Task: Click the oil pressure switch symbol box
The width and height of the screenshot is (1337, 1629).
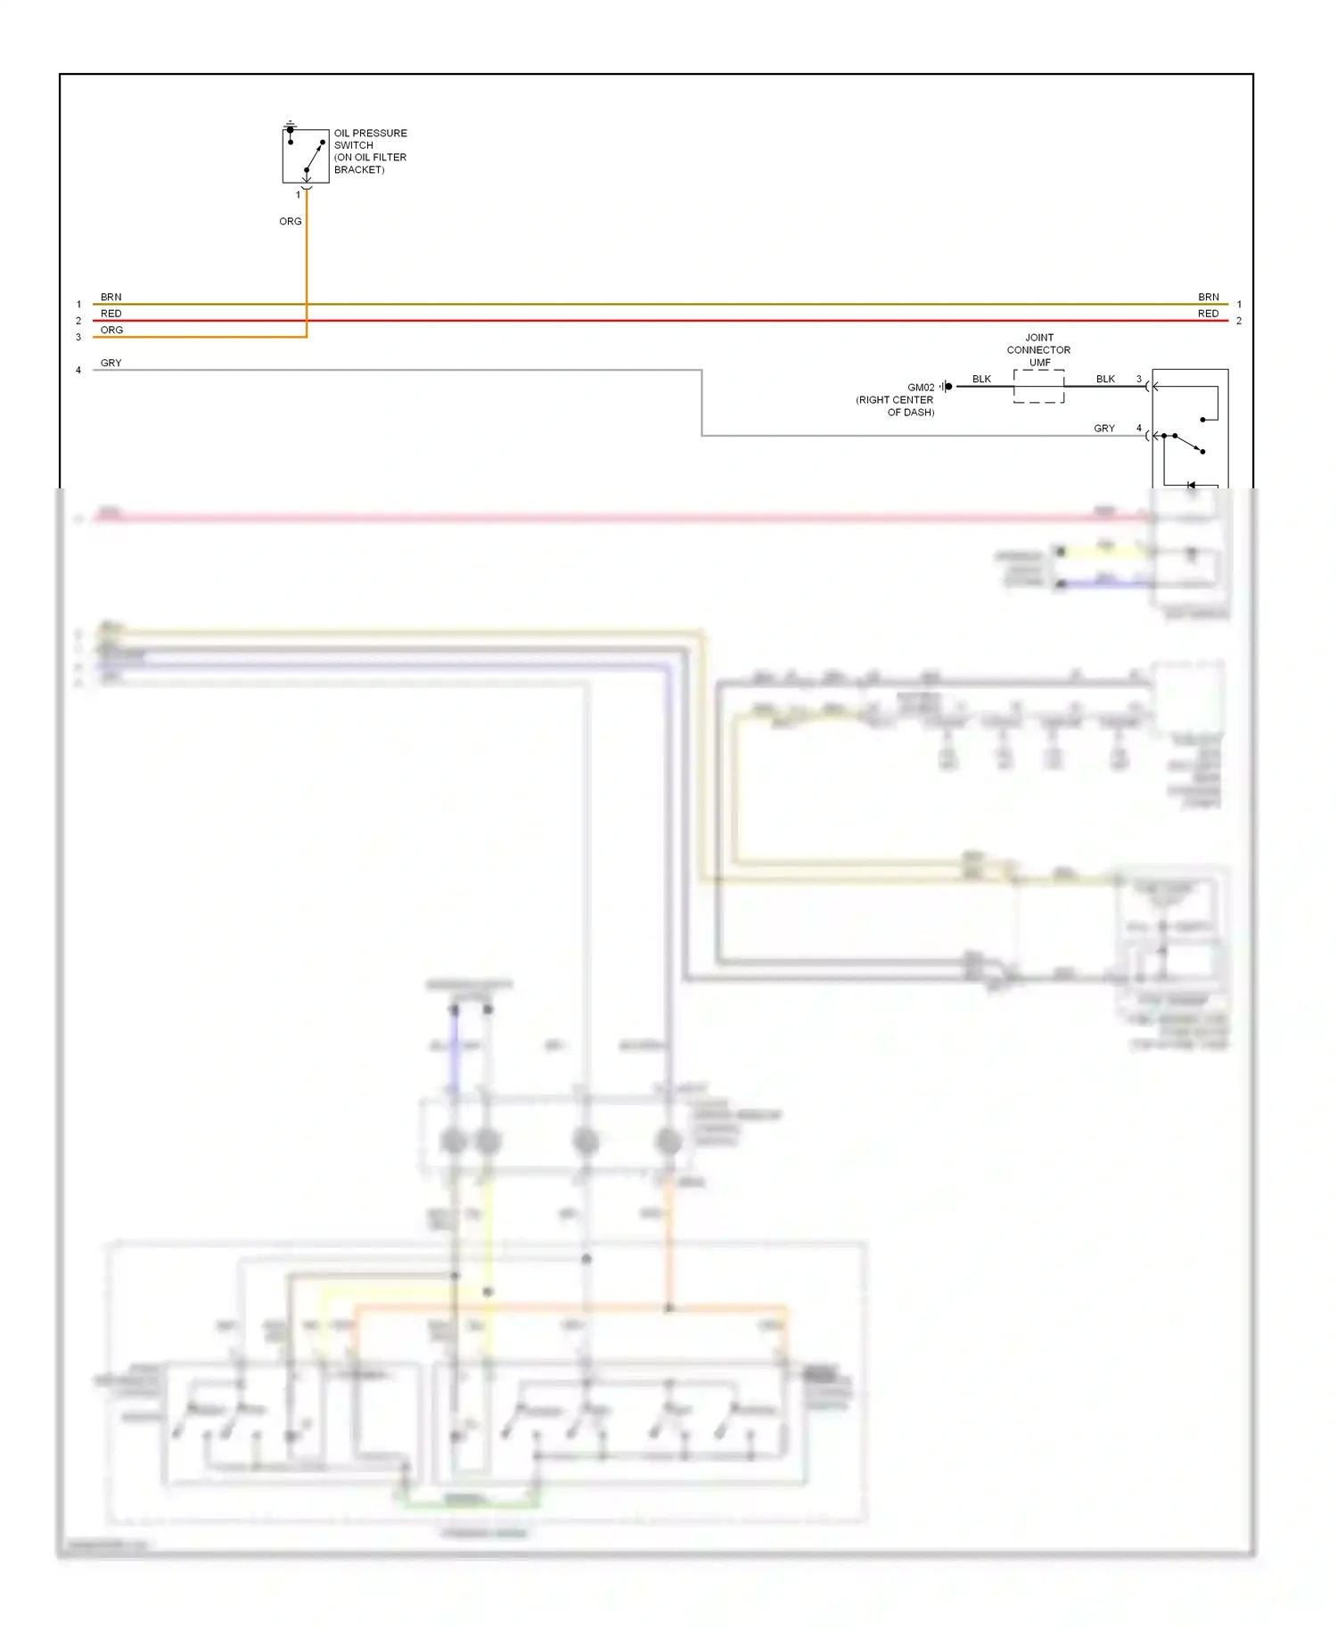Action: (306, 155)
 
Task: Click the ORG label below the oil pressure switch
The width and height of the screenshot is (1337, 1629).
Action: (290, 221)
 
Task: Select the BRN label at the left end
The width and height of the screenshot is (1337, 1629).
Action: (111, 297)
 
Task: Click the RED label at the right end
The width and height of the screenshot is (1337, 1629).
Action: (1208, 314)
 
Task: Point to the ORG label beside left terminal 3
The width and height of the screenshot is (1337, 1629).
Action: (111, 330)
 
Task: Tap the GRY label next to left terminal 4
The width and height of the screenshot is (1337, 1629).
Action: (111, 363)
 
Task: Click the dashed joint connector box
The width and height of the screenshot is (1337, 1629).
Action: (1038, 386)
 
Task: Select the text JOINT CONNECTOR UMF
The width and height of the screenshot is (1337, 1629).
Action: (1038, 349)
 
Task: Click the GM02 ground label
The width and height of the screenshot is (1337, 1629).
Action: (921, 388)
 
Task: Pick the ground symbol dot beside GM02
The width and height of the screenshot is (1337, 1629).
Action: (949, 386)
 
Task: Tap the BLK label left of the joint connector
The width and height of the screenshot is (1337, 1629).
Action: (981, 379)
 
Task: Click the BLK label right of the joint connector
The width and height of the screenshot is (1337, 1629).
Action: (1105, 379)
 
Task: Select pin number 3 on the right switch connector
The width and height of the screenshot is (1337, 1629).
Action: (1138, 379)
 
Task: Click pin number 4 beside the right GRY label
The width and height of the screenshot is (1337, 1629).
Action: (1138, 428)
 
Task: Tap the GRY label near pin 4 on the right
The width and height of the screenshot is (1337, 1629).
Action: (1103, 429)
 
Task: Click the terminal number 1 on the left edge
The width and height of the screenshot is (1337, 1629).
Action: (78, 304)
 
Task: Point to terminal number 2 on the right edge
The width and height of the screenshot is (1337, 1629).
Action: (1238, 321)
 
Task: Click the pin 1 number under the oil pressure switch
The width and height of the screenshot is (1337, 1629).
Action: (298, 194)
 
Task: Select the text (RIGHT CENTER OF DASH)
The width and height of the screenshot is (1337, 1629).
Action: (895, 406)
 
